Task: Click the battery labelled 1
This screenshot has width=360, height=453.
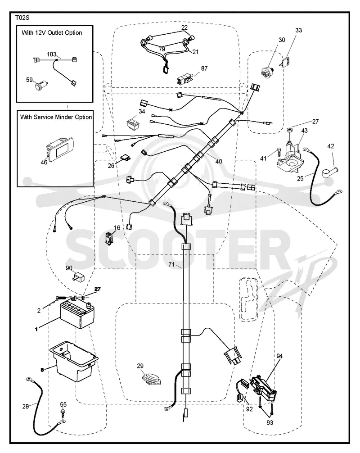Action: (77, 314)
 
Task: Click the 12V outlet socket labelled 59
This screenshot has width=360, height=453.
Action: (40, 86)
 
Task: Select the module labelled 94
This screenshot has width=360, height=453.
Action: (264, 388)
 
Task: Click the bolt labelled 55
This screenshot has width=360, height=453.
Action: (63, 412)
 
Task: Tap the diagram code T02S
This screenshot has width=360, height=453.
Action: (22, 18)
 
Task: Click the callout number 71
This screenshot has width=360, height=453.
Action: (171, 264)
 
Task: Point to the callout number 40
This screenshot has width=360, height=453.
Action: (219, 161)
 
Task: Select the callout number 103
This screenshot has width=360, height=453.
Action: (52, 54)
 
